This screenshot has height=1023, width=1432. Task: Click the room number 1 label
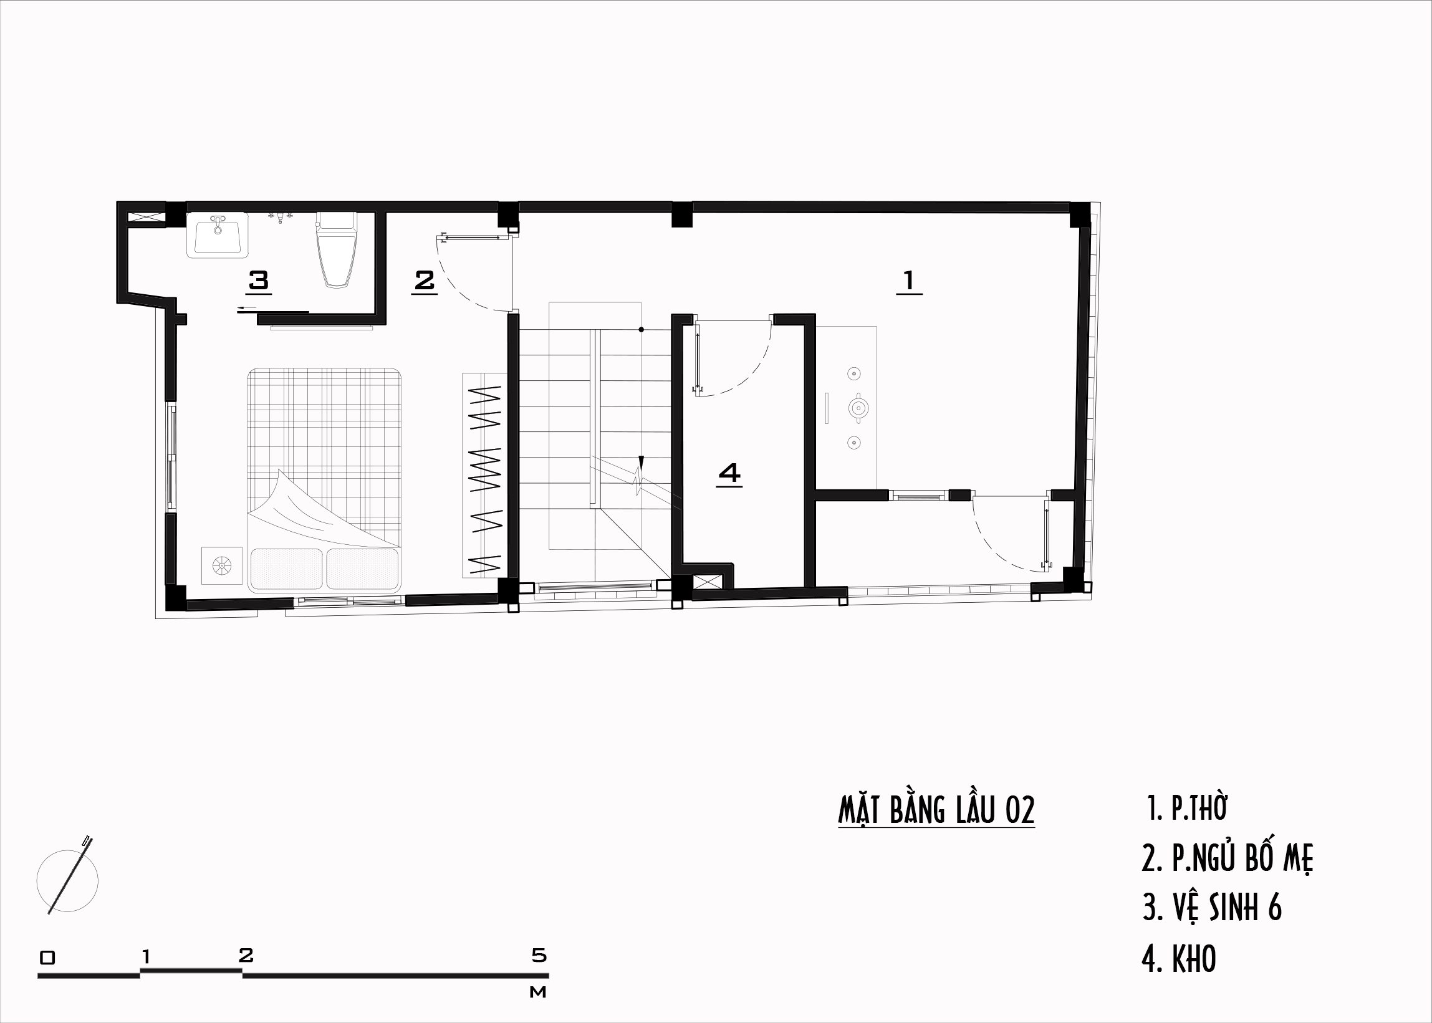pyautogui.click(x=909, y=282)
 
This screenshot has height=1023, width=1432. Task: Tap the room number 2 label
pyautogui.click(x=425, y=281)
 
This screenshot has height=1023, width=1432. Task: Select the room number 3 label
pyautogui.click(x=259, y=281)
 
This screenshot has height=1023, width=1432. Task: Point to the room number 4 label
pyautogui.click(x=729, y=474)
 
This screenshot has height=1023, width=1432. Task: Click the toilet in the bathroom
pyautogui.click(x=337, y=249)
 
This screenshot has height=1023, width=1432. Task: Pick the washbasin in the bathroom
pyautogui.click(x=218, y=234)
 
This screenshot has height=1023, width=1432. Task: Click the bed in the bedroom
pyautogui.click(x=324, y=481)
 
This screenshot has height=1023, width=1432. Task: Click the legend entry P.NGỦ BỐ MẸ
pyautogui.click(x=1228, y=858)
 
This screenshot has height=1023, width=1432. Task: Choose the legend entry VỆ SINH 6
pyautogui.click(x=1212, y=908)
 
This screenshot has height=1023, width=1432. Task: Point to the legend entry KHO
pyautogui.click(x=1179, y=958)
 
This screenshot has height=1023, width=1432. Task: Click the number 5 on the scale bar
pyautogui.click(x=539, y=956)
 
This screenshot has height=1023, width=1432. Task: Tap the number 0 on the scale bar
pyautogui.click(x=47, y=958)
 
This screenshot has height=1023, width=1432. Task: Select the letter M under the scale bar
pyautogui.click(x=538, y=992)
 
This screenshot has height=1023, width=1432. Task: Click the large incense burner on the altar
pyautogui.click(x=858, y=408)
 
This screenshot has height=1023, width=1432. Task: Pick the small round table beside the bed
pyautogui.click(x=222, y=565)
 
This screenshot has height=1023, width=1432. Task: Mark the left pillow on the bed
pyautogui.click(x=287, y=569)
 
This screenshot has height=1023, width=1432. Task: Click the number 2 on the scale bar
pyautogui.click(x=246, y=956)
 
